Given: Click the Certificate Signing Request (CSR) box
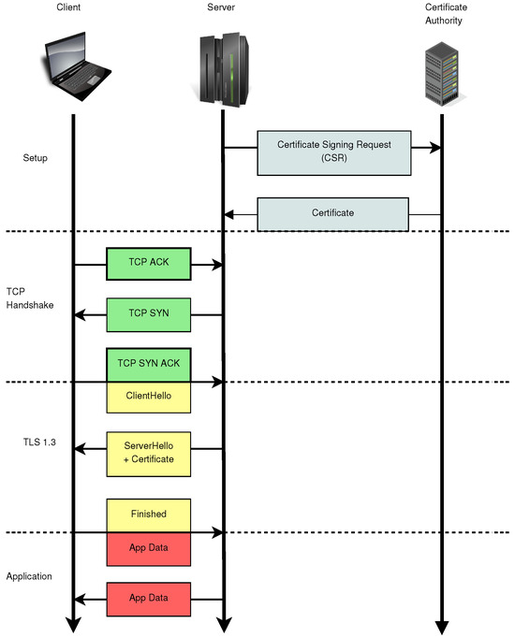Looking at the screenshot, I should pos(333,153).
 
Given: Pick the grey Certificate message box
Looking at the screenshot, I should pos(333,213).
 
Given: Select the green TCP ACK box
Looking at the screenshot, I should pos(149,265).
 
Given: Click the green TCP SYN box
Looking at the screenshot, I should pos(149,315).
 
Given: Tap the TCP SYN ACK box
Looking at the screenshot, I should pos(149,364).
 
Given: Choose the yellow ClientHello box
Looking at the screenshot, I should pos(149,397).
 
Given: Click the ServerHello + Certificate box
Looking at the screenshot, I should pos(149,452).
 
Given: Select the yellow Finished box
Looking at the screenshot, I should pos(149,514).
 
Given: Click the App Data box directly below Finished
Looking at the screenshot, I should pos(149,547).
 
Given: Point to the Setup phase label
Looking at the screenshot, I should pos(35,158).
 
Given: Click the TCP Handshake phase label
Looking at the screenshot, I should pos(29,297).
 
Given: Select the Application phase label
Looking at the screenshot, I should pos(30,577).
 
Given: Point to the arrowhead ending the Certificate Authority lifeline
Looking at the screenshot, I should pos(441,627).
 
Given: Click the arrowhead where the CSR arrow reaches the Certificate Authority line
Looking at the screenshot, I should pos(435,148).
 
